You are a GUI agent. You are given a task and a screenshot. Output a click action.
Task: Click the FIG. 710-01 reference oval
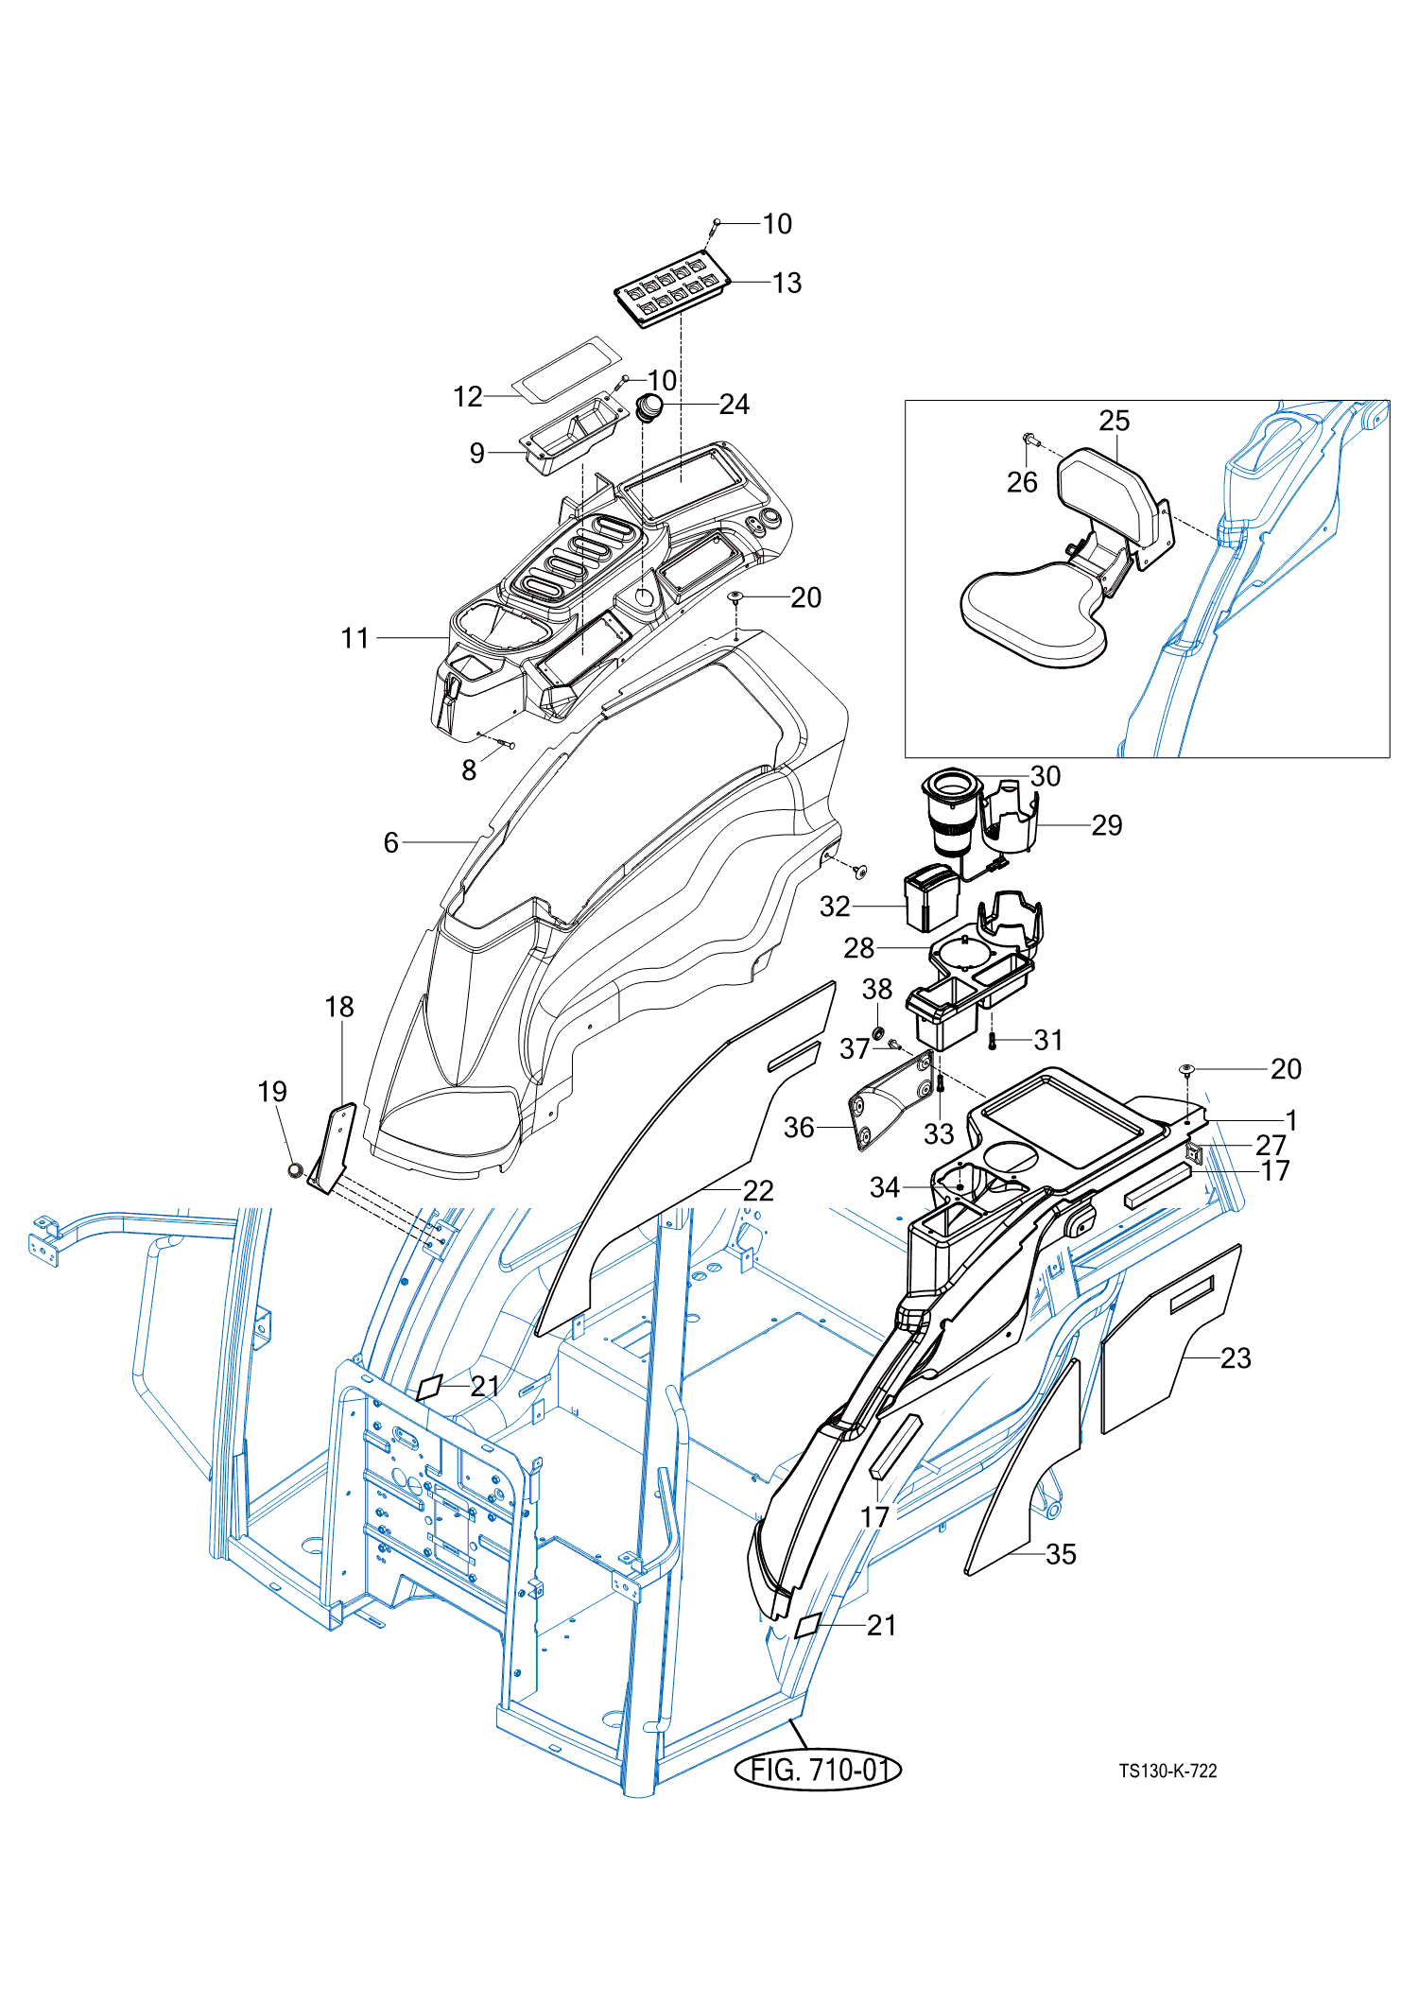818,1770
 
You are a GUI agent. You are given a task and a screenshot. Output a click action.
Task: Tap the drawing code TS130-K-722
1167,1771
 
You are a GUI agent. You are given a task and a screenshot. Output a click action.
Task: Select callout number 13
787,283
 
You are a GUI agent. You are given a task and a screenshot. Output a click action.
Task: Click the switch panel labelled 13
673,288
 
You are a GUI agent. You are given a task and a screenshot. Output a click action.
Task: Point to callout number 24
734,405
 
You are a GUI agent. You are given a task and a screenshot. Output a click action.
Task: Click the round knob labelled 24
648,408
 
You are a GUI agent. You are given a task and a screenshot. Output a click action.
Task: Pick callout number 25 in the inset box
1114,421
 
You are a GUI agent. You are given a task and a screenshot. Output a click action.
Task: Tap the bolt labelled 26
1029,440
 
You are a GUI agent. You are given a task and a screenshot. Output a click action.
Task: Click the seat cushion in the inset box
1030,614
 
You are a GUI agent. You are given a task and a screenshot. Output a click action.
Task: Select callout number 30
1045,776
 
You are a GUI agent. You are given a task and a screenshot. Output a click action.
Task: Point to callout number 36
799,1127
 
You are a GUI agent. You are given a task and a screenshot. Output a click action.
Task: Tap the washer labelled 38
878,1029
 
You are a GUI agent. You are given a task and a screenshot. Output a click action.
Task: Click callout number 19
272,1092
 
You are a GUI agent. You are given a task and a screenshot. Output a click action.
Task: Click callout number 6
391,842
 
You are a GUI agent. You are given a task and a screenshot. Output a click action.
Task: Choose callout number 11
354,638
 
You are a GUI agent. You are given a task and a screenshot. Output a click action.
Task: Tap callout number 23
1235,1358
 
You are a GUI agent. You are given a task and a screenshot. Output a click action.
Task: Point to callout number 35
1061,1554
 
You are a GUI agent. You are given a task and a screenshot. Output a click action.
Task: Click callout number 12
468,397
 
